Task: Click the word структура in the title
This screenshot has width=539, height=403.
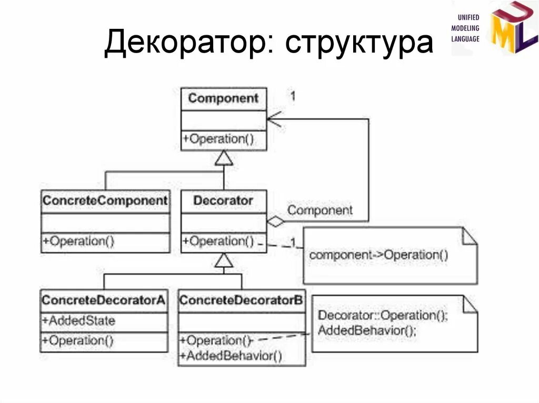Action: pyautogui.click(x=359, y=43)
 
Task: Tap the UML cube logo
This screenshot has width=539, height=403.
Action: pyautogui.click(x=514, y=28)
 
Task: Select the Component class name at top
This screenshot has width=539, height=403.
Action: pyautogui.click(x=224, y=98)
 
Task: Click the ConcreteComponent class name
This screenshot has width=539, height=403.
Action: pyautogui.click(x=105, y=201)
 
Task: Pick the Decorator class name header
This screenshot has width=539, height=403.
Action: pyautogui.click(x=224, y=201)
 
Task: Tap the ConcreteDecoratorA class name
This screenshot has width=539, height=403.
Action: pyautogui.click(x=104, y=300)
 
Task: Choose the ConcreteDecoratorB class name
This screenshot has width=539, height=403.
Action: pyautogui.click(x=241, y=300)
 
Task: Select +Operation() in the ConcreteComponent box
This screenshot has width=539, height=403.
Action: pyautogui.click(x=78, y=241)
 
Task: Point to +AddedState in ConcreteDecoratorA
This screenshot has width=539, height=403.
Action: pyautogui.click(x=78, y=320)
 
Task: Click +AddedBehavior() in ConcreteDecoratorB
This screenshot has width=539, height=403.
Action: pyautogui.click(x=231, y=356)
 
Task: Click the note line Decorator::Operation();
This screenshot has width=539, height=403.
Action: pyautogui.click(x=383, y=316)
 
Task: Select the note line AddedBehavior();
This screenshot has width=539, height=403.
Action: pyautogui.click(x=367, y=330)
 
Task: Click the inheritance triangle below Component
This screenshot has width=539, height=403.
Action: pyautogui.click(x=224, y=158)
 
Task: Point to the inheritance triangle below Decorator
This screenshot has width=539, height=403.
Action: pyautogui.click(x=224, y=260)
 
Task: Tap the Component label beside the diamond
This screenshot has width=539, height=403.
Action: pyautogui.click(x=320, y=210)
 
